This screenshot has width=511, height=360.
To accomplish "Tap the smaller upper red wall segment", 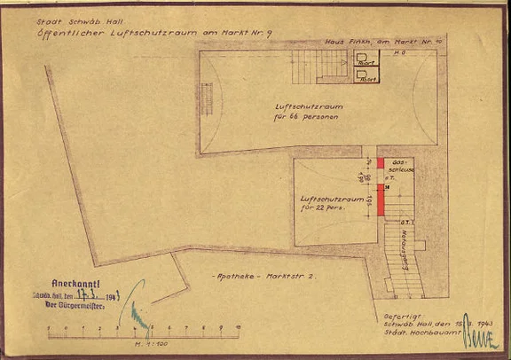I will pos(381,163).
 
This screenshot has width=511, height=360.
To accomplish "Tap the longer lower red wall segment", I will pos(381,199).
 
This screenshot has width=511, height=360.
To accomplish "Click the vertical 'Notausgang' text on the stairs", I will pos(404,244).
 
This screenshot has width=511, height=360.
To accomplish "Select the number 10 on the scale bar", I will pos(237,327).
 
